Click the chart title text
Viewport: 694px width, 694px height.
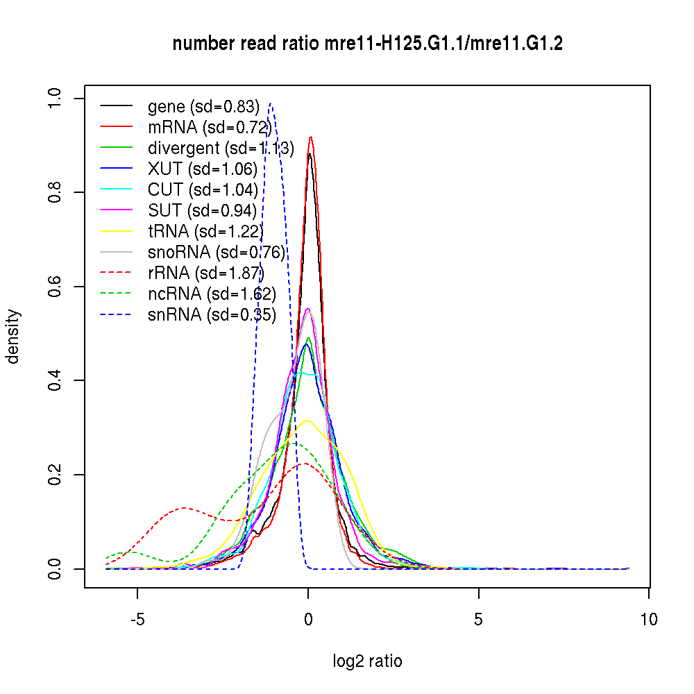pyautogui.click(x=367, y=44)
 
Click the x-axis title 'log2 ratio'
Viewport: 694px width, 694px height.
pyautogui.click(x=367, y=661)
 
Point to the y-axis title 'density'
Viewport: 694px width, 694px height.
pyautogui.click(x=13, y=337)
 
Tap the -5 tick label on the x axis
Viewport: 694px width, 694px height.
pyautogui.click(x=137, y=619)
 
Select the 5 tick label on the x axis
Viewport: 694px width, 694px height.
pyautogui.click(x=478, y=619)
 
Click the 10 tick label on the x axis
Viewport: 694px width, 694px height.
pyautogui.click(x=648, y=619)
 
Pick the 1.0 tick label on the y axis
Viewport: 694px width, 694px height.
pyautogui.click(x=56, y=98)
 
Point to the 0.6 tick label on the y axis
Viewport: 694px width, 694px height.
pyautogui.click(x=56, y=287)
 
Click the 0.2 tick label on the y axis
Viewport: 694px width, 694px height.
pyautogui.click(x=56, y=475)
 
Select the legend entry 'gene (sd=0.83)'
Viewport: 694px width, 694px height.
pyautogui.click(x=203, y=106)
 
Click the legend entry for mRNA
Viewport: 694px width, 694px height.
pyautogui.click(x=208, y=127)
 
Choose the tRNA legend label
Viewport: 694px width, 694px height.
pyautogui.click(x=205, y=231)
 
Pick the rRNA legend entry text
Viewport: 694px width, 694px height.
pyautogui.click(x=206, y=273)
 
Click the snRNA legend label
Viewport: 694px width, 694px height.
pyautogui.click(x=212, y=314)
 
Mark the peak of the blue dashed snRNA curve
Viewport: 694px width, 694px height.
pyautogui.click(x=271, y=104)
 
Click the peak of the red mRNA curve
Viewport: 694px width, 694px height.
pyautogui.click(x=311, y=137)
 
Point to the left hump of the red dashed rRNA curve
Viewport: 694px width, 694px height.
pyautogui.click(x=184, y=508)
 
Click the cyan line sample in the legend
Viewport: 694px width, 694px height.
pyautogui.click(x=116, y=189)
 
